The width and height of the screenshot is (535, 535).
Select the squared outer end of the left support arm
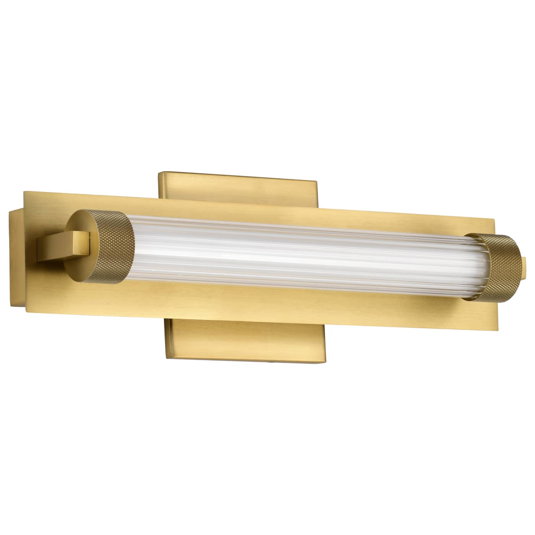(x=40, y=248)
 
